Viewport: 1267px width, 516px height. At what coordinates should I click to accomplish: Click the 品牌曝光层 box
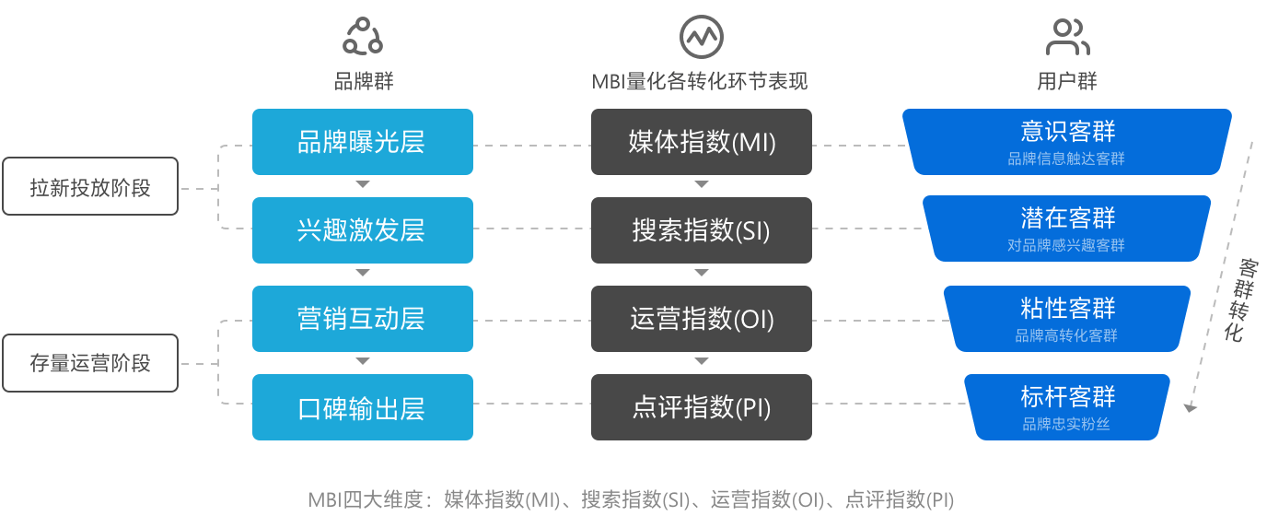coord(362,142)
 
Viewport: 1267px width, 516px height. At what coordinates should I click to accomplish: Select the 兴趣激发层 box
coord(362,229)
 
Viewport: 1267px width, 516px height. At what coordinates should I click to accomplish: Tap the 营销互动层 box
coord(362,318)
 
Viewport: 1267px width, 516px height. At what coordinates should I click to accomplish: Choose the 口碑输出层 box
coord(362,406)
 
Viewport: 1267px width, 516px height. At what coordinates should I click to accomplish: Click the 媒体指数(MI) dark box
coord(701,142)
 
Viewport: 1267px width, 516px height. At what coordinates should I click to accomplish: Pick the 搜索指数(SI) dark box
coord(701,229)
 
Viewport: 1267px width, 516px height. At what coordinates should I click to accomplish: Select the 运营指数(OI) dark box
coord(701,318)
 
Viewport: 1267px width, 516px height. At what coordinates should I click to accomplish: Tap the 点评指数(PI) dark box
coord(701,406)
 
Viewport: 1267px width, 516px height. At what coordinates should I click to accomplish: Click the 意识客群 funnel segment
coord(1066,142)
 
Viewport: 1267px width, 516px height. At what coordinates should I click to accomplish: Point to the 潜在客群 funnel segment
coord(1066,229)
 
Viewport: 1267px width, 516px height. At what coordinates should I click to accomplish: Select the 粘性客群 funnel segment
coord(1066,318)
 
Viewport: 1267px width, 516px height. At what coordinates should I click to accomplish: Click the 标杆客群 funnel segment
coord(1066,406)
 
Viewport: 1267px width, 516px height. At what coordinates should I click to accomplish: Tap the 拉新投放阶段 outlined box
coord(89,188)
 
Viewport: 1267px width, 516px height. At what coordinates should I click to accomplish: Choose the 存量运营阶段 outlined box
coord(89,362)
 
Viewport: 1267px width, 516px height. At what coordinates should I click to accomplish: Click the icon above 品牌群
coord(362,37)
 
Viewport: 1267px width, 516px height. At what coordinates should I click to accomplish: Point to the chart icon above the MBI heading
coord(701,37)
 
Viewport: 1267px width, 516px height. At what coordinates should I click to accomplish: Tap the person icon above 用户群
coord(1067,37)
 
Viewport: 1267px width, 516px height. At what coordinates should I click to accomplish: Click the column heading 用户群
coord(1067,81)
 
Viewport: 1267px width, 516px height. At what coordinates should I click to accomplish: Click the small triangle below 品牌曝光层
coord(362,185)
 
